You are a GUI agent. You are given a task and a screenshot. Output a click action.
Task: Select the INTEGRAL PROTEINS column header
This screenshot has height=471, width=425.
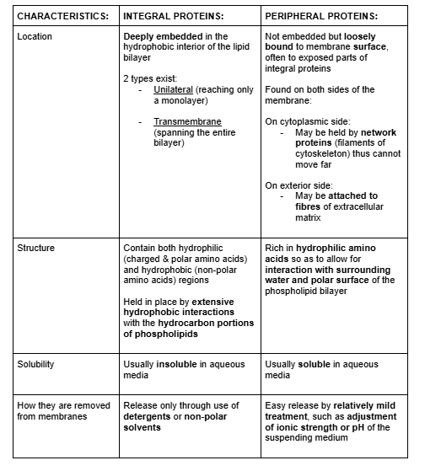(173, 15)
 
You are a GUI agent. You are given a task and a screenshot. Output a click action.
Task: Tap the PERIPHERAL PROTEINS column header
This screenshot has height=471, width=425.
(320, 15)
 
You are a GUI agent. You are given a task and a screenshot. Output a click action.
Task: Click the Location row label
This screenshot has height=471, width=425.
(35, 37)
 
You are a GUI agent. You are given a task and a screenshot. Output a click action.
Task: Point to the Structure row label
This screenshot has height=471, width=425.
(37, 249)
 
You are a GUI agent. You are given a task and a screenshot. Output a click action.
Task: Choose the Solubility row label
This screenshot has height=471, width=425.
(37, 364)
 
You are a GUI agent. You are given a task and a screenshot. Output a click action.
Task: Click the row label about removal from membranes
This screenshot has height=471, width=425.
(63, 410)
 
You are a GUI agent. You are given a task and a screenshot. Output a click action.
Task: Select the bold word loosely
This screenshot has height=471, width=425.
(390, 37)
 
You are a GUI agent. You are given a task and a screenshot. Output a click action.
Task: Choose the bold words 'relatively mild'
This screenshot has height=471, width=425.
(358, 405)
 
